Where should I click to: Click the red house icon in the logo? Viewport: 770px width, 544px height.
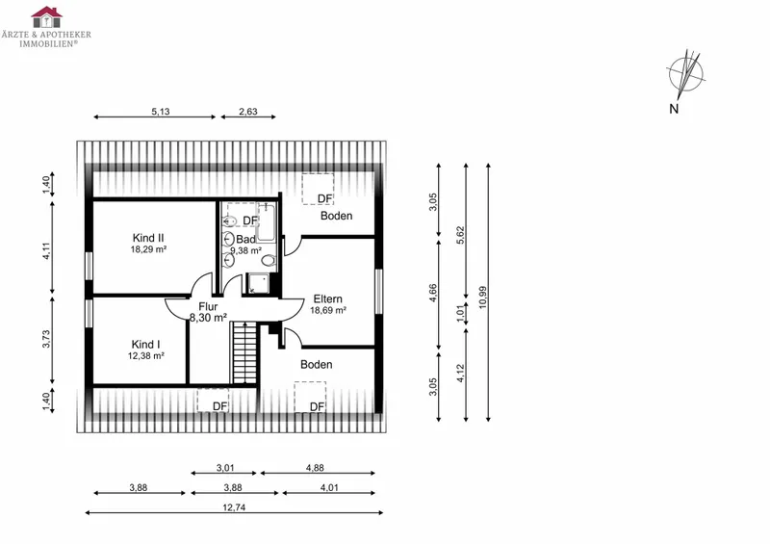click(x=46, y=17)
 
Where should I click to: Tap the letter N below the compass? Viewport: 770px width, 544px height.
click(x=674, y=109)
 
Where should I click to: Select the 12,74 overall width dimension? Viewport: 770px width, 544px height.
click(x=234, y=507)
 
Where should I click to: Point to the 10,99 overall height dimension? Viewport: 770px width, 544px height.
click(x=483, y=297)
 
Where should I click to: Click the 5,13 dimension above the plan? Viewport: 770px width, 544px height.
click(x=161, y=112)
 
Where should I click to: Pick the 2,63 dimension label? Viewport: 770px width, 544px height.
click(x=248, y=112)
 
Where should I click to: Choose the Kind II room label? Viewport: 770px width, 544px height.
click(x=148, y=239)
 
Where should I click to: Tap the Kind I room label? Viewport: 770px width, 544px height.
click(x=146, y=345)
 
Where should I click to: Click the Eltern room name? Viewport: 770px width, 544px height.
click(x=328, y=298)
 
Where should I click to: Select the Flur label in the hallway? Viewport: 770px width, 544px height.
click(x=208, y=306)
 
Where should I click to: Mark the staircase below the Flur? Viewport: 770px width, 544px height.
click(x=244, y=352)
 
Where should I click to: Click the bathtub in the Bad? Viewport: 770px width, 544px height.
click(x=266, y=222)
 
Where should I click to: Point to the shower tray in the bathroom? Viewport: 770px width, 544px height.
click(x=258, y=283)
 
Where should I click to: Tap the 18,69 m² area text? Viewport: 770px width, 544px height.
click(x=328, y=311)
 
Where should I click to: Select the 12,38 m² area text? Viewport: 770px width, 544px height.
click(x=146, y=356)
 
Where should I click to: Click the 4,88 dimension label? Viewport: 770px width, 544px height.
click(x=315, y=468)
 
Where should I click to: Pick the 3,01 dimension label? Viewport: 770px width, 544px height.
click(x=225, y=468)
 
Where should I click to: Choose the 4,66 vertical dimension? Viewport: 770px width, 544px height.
click(x=432, y=294)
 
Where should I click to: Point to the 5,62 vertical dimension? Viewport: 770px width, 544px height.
click(x=460, y=236)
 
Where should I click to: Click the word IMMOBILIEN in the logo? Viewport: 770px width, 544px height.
click(x=47, y=43)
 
